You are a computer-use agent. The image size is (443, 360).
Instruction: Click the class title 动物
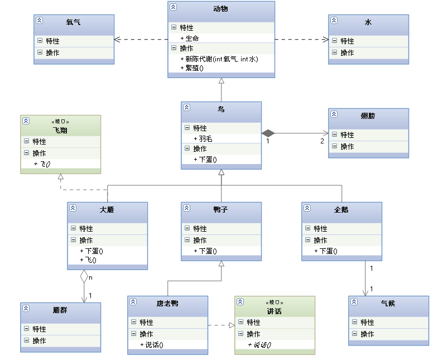[221, 9]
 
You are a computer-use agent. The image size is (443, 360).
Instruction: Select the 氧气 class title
[73, 22]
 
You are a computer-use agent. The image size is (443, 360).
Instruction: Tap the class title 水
[368, 22]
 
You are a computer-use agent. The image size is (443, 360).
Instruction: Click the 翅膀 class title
[368, 116]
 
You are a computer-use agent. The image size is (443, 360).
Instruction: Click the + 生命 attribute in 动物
[190, 38]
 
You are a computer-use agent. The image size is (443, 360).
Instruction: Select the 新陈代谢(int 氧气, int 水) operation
[219, 59]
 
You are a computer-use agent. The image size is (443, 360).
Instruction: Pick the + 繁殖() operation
[192, 68]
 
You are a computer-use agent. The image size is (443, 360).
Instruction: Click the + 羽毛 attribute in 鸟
[203, 138]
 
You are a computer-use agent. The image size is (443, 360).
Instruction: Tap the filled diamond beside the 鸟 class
[268, 133]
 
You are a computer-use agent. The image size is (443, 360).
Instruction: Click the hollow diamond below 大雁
[84, 276]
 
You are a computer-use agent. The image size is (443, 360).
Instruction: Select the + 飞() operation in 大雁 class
[89, 260]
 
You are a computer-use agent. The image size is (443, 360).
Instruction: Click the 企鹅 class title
[341, 210]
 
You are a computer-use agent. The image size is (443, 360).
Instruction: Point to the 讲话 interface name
[275, 311]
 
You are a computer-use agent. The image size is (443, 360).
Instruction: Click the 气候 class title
[388, 304]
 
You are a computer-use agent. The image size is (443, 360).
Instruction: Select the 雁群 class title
[60, 310]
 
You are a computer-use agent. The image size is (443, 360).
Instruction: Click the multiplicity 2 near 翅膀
[322, 141]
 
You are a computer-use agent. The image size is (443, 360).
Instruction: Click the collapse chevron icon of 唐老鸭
[133, 302]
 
